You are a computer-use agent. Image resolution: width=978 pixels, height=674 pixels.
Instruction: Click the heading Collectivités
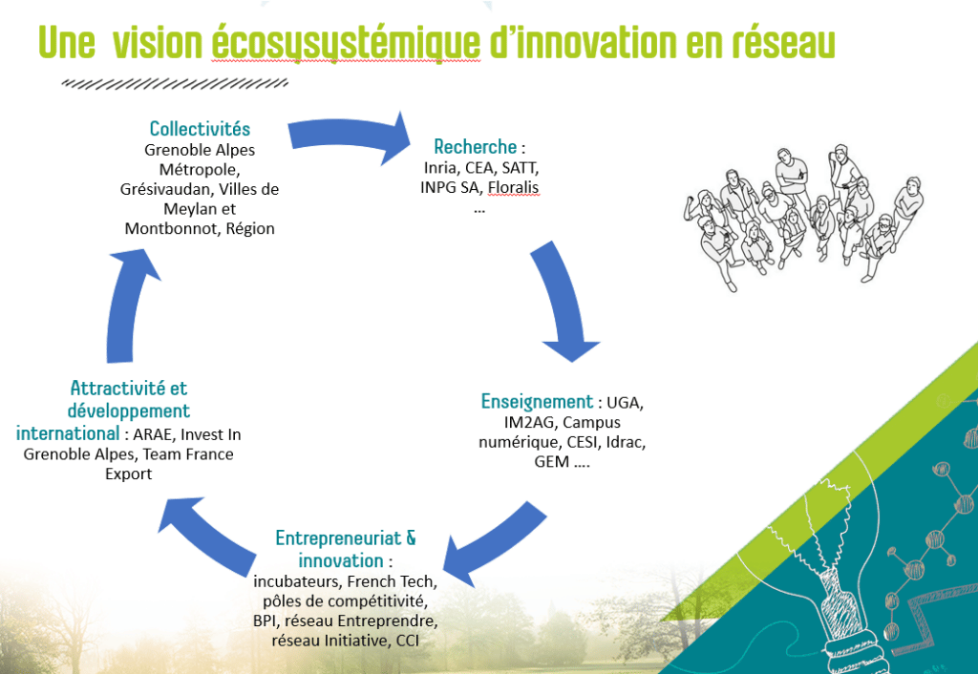tap(200, 129)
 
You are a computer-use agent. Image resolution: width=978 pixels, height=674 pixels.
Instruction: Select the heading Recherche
tap(476, 146)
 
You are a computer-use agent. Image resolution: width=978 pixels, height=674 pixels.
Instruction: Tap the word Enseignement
tap(537, 402)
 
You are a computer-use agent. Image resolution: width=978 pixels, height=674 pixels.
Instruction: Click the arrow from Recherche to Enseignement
tap(562, 299)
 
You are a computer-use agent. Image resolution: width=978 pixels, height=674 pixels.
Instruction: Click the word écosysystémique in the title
tap(346, 44)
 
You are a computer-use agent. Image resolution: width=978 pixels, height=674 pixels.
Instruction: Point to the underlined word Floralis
tap(513, 187)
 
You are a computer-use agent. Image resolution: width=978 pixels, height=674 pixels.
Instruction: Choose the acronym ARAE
tap(154, 434)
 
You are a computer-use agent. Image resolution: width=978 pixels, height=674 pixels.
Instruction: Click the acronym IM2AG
tap(529, 422)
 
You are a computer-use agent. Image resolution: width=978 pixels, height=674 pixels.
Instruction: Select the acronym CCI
tap(407, 641)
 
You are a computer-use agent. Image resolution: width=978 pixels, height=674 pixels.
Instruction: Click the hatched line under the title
tap(175, 84)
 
